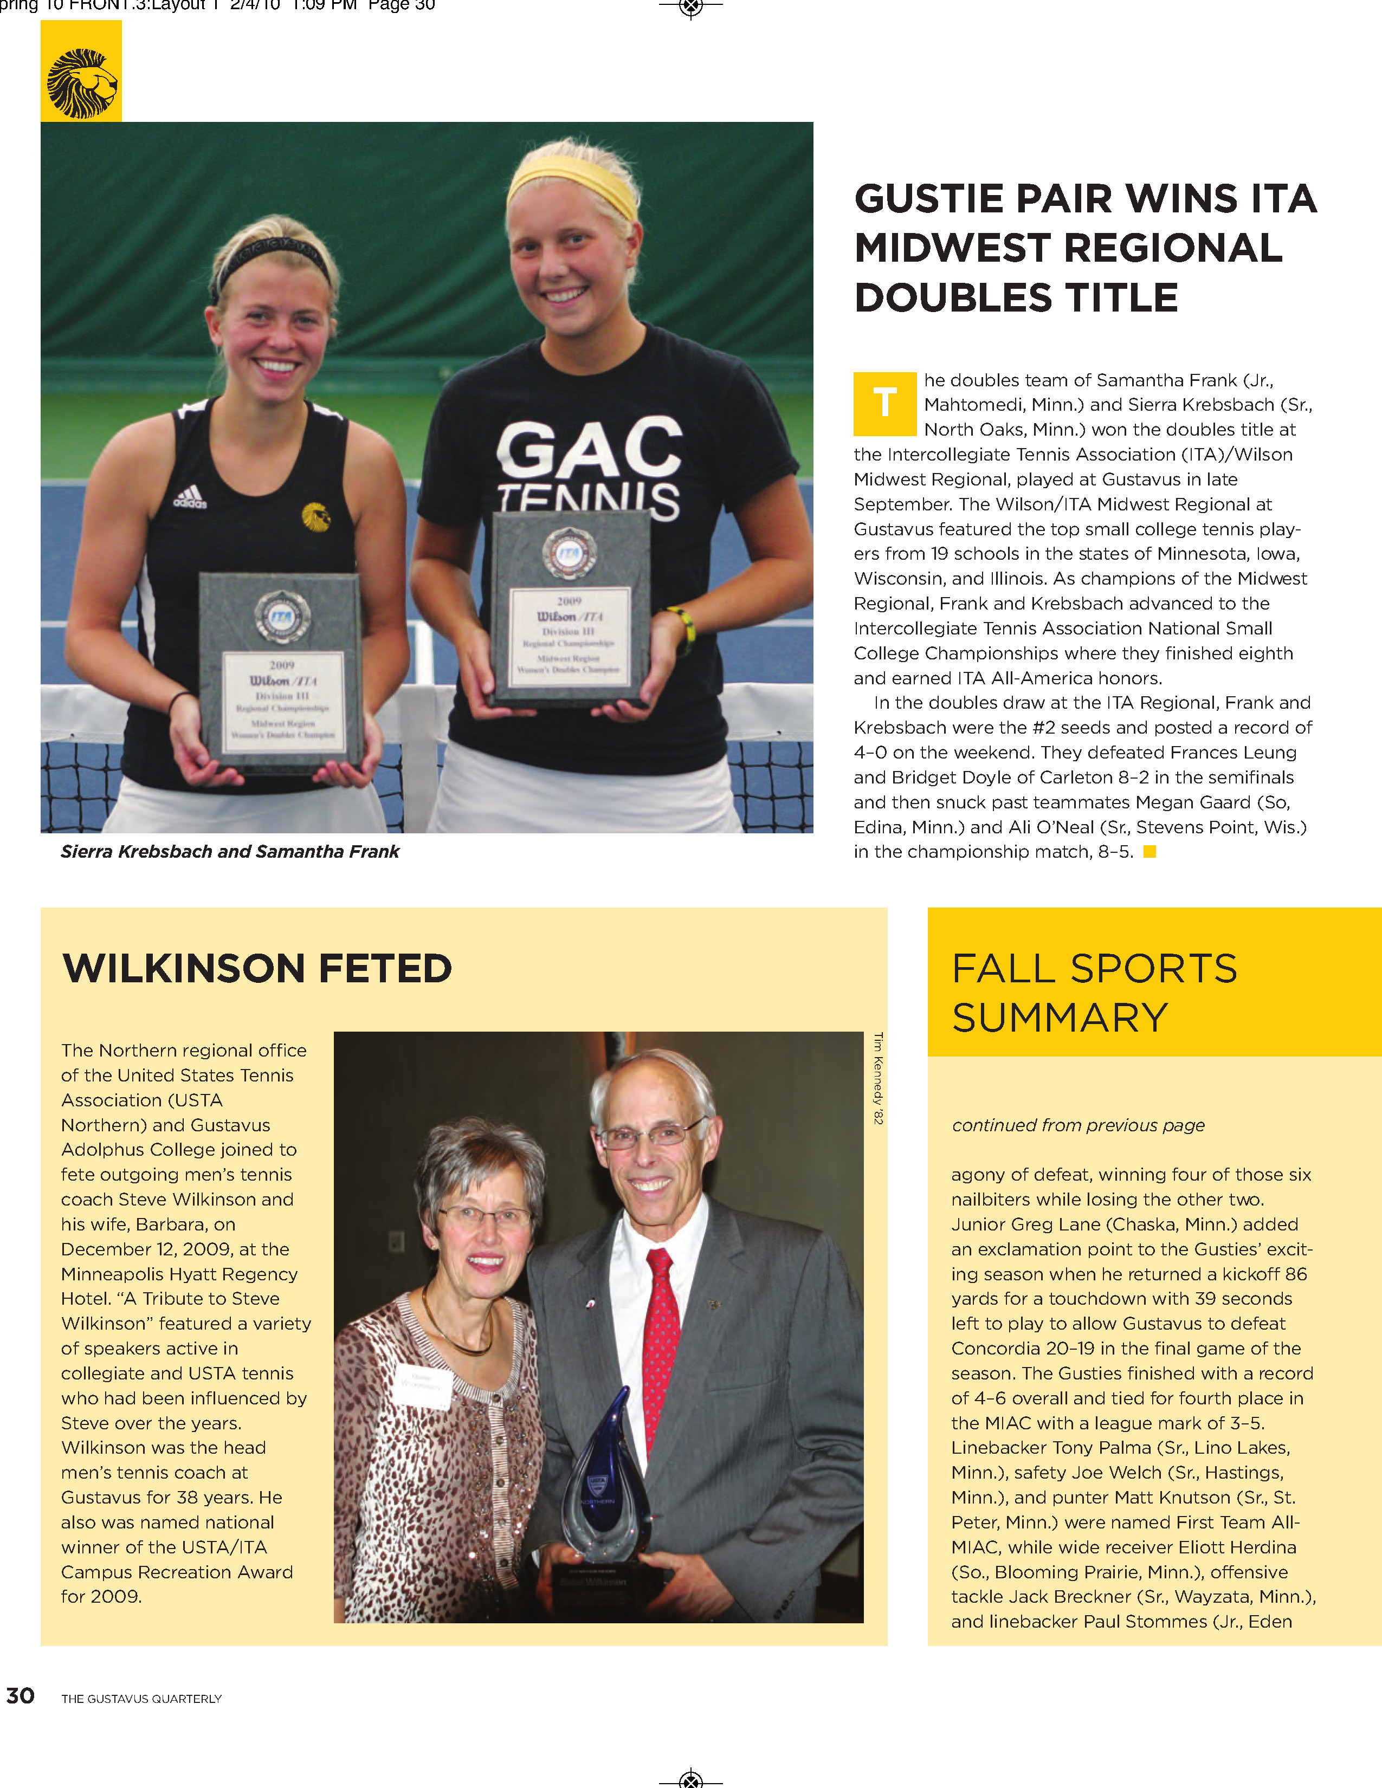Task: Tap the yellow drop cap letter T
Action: [x=884, y=404]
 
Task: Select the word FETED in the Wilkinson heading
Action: [x=385, y=969]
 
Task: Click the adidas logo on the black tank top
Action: [x=190, y=497]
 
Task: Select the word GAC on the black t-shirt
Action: [x=589, y=448]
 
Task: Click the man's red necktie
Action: [x=662, y=1343]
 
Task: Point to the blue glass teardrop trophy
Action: [x=605, y=1482]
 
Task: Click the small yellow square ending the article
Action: [x=1149, y=851]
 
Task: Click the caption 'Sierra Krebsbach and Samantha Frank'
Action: [x=230, y=851]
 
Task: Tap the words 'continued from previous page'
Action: [x=1077, y=1125]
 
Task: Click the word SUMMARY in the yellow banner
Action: [x=1060, y=1018]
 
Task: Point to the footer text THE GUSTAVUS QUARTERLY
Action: [x=141, y=1699]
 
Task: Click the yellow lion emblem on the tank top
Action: [x=316, y=516]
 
